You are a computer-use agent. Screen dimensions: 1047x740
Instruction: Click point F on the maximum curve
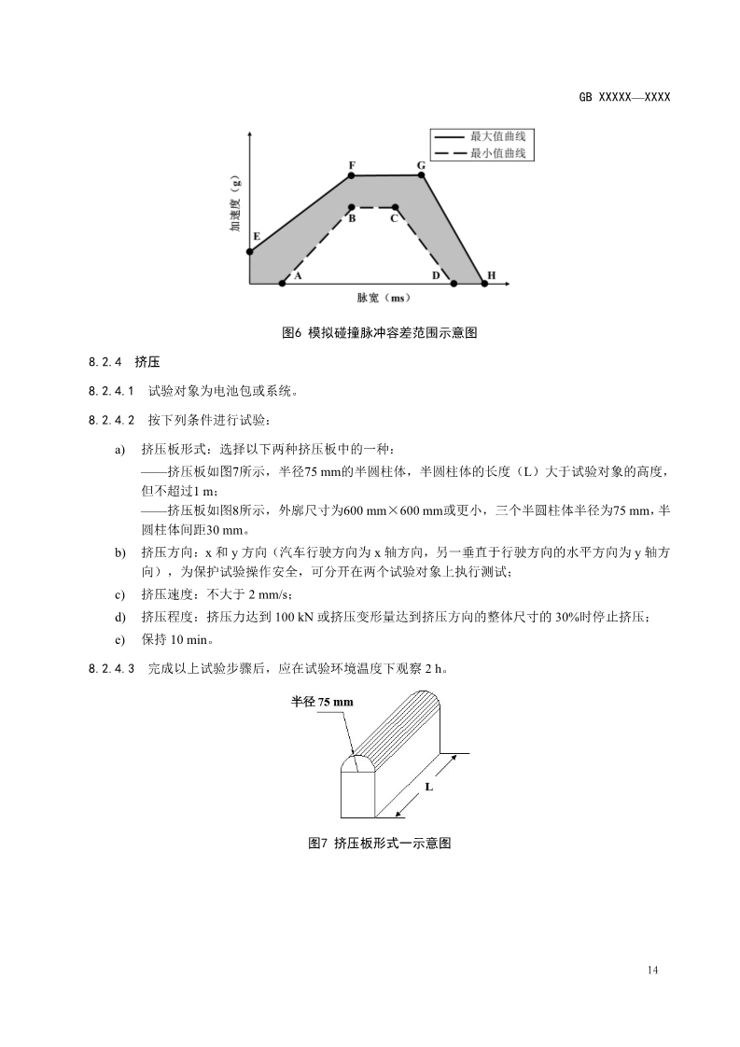pos(351,175)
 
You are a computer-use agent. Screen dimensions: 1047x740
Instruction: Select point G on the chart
pos(421,174)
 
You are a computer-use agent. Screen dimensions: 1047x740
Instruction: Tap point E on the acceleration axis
pos(250,251)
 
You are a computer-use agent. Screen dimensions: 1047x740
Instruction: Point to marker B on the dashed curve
pos(351,207)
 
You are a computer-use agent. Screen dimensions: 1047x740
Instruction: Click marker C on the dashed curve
pos(396,207)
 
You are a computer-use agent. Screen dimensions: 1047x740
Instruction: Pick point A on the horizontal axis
pos(283,283)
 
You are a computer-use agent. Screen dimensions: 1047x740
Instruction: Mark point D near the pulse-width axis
pos(454,283)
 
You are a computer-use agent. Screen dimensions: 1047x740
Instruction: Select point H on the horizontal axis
pos(484,283)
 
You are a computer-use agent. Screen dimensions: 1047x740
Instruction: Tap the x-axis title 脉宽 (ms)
pos(384,299)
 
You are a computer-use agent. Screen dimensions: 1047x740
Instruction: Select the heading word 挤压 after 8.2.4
pos(145,362)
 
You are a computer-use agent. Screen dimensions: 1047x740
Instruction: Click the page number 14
pos(651,970)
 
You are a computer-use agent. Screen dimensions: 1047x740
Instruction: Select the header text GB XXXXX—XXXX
pos(624,97)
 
